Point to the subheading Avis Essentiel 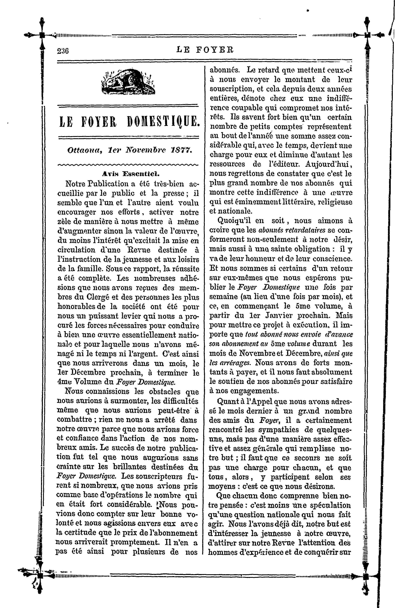pos(130,174)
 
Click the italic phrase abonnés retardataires pos(292,230)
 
